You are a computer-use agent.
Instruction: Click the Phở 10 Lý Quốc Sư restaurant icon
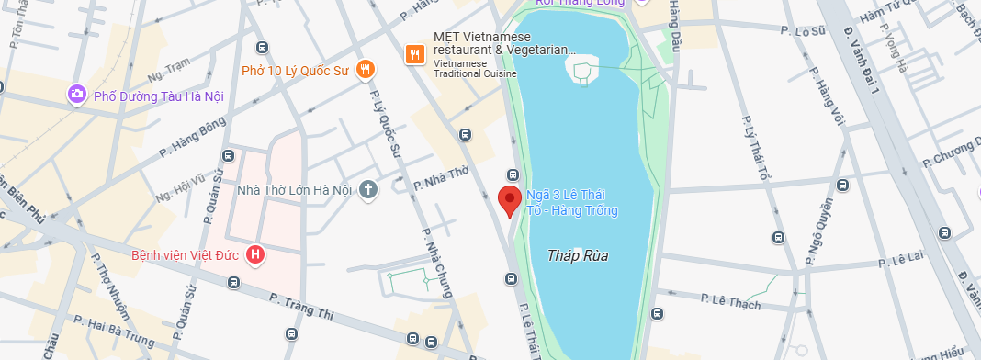pos(366,69)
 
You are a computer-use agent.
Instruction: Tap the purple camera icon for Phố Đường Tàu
pos(77,95)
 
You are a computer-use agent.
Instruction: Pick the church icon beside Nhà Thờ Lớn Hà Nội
pos(367,190)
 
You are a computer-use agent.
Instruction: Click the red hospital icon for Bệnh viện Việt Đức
pos(255,254)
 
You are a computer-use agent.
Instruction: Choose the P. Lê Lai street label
pos(900,261)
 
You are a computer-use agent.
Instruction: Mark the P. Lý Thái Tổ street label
pos(756,149)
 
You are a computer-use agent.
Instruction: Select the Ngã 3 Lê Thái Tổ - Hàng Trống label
pos(571,203)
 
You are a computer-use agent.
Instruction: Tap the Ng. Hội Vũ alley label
pos(181,186)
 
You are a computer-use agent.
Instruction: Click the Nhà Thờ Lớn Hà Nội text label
pos(295,190)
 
